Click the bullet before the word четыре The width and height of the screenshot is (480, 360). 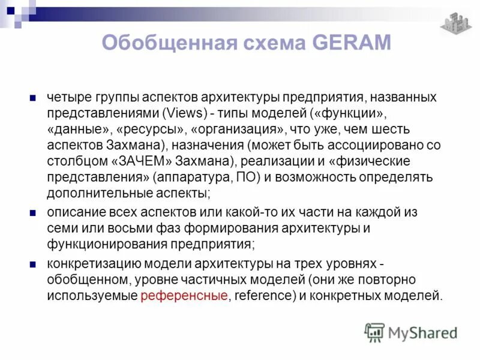tap(34, 97)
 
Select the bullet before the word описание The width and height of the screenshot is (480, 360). tap(34, 212)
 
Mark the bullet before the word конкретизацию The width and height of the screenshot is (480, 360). tap(34, 263)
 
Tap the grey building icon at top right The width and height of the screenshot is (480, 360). tap(456, 23)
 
